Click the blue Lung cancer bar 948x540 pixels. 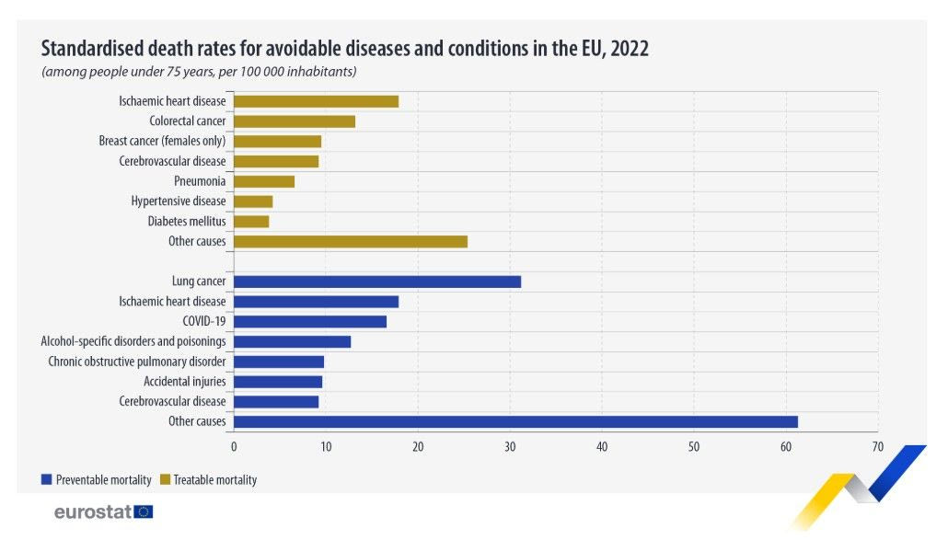tap(377, 281)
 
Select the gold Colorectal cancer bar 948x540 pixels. tap(295, 121)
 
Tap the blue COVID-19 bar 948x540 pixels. tap(310, 322)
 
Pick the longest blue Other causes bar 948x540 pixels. tap(515, 421)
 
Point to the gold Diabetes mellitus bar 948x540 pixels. tap(251, 222)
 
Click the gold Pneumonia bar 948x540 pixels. tap(264, 181)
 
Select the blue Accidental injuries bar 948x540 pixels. tap(278, 382)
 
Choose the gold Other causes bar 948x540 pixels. tap(351, 242)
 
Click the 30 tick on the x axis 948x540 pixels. tap(510, 447)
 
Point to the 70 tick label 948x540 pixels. tap(878, 447)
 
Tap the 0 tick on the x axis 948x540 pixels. tap(234, 447)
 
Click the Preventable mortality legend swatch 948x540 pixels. tap(46, 479)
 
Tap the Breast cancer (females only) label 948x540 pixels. tap(162, 142)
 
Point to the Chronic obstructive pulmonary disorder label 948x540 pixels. tap(137, 362)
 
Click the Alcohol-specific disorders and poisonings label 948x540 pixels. tap(133, 341)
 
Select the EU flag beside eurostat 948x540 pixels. tap(144, 511)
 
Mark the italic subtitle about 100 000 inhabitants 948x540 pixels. tap(199, 71)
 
